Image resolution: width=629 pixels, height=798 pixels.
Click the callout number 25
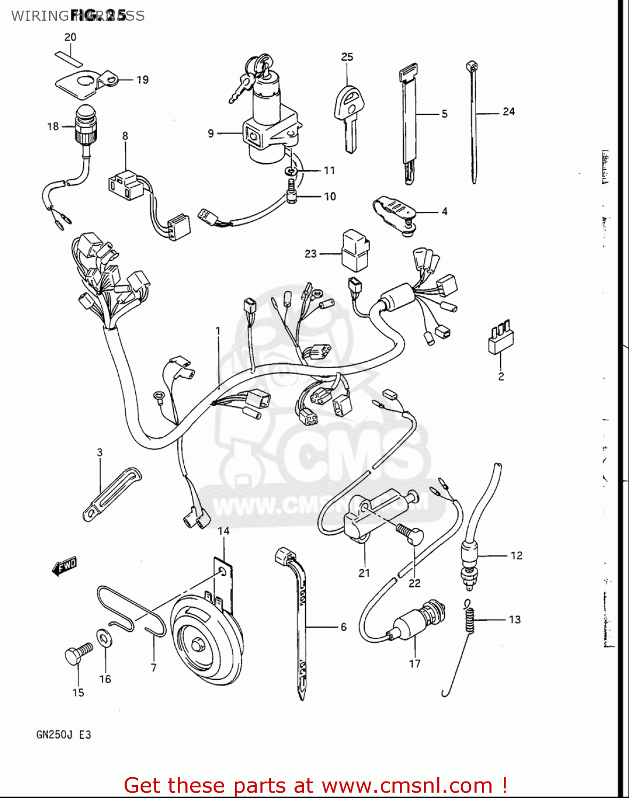(347, 57)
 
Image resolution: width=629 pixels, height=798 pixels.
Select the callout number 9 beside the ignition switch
(211, 133)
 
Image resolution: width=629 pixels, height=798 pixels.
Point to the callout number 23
(311, 254)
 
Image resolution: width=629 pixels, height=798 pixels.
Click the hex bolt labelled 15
(76, 654)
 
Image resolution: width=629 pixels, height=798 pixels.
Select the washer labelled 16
(104, 637)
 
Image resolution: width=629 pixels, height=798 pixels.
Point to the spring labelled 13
(469, 617)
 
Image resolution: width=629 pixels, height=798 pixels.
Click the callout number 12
(516, 555)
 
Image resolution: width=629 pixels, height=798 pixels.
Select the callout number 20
(70, 37)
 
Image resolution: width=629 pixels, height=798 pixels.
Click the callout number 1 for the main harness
(218, 331)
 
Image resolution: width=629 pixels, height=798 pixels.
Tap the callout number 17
(414, 663)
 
